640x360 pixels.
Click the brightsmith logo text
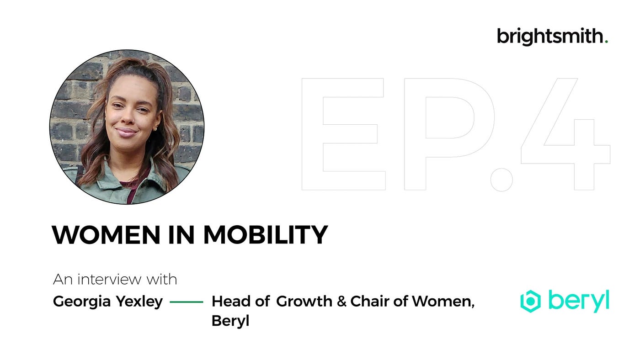[550, 37]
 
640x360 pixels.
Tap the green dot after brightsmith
[606, 42]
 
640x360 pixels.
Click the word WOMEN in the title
[106, 235]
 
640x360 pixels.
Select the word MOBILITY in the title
[266, 235]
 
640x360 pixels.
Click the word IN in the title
[181, 235]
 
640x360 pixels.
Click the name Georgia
[82, 302]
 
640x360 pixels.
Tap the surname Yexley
[139, 302]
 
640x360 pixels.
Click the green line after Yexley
[187, 302]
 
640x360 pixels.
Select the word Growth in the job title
[304, 301]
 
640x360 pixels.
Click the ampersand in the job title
[341, 301]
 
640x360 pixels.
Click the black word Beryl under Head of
[230, 321]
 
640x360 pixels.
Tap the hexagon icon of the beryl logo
[531, 301]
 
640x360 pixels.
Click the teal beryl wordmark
[579, 301]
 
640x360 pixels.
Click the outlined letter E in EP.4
[312, 134]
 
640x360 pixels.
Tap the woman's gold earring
[156, 129]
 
